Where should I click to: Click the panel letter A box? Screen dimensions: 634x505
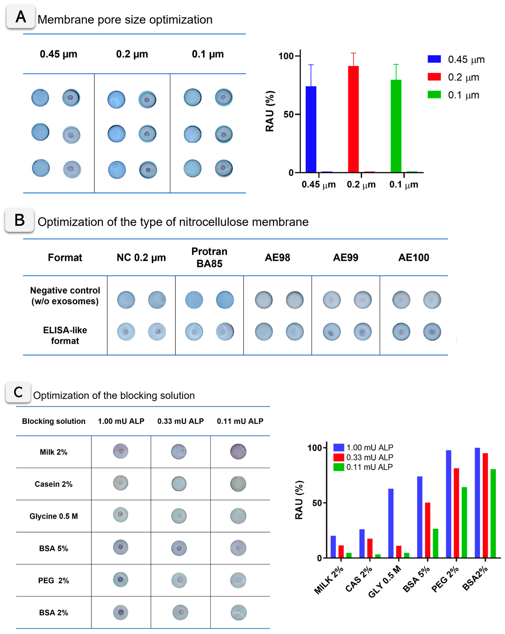click(x=21, y=17)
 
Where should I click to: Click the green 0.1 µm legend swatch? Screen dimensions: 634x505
click(x=434, y=95)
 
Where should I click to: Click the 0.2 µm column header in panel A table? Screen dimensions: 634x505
click(x=132, y=54)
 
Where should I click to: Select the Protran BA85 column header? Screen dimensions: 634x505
click(x=209, y=257)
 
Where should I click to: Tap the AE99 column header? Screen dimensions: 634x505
click(x=345, y=258)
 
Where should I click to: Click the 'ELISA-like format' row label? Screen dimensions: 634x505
click(x=65, y=335)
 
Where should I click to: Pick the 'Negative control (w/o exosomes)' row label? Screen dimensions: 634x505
click(x=65, y=295)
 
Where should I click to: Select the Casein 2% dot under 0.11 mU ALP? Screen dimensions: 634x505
click(x=238, y=484)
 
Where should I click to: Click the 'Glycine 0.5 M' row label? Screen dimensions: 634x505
click(x=54, y=516)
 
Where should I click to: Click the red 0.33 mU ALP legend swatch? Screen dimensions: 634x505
click(x=338, y=457)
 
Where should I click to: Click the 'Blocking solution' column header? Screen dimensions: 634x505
click(x=54, y=421)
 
